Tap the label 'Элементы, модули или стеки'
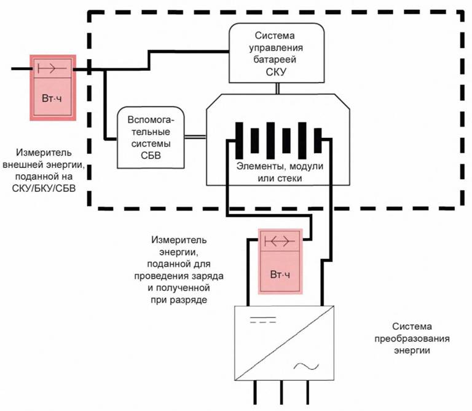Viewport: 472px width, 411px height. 279,172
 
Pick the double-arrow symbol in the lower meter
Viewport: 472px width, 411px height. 280,241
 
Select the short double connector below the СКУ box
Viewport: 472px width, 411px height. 278,89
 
